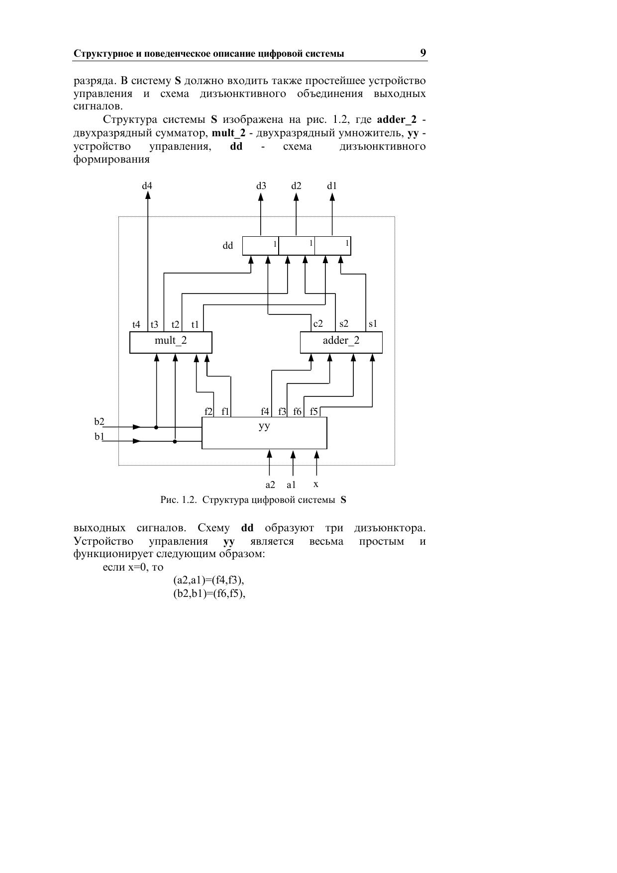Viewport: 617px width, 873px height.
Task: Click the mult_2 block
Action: click(x=171, y=342)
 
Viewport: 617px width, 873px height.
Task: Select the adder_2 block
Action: click(x=341, y=342)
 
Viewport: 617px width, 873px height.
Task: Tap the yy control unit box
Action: click(x=264, y=433)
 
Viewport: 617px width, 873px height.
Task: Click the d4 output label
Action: click(x=147, y=186)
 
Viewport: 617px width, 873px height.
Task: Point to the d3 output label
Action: click(x=261, y=186)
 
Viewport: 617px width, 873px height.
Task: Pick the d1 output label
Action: click(x=332, y=186)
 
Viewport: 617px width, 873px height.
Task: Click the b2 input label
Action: click(x=100, y=422)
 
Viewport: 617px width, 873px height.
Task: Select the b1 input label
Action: click(x=100, y=437)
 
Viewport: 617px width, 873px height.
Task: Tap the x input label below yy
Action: click(x=316, y=484)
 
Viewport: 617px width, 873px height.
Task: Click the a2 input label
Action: click(x=270, y=485)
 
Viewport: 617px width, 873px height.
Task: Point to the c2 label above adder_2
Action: click(x=318, y=324)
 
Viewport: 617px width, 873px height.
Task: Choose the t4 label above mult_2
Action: click(x=136, y=325)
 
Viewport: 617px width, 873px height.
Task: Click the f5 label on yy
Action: click(x=313, y=411)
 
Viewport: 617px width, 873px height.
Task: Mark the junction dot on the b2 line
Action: click(x=156, y=427)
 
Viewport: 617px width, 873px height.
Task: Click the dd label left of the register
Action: click(x=228, y=246)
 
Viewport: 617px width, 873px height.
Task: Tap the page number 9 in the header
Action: click(x=423, y=53)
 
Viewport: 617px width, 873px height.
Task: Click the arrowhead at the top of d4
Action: click(x=148, y=195)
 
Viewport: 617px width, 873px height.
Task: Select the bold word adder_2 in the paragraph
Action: click(x=397, y=119)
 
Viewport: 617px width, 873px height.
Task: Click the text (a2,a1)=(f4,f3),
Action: click(x=208, y=581)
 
